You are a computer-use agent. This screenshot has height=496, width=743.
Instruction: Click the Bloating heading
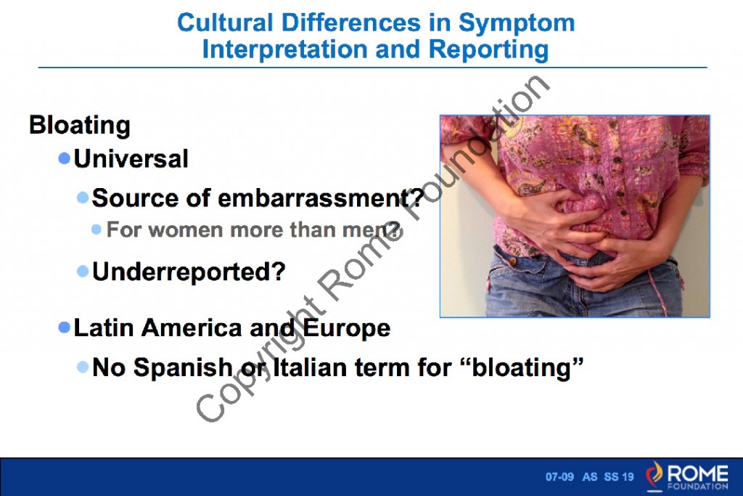pos(79,125)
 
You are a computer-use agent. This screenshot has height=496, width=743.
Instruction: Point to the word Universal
pos(131,158)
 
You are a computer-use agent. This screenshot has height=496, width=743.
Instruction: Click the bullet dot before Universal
pos(65,158)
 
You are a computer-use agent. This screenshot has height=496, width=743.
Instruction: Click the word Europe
pos(346,328)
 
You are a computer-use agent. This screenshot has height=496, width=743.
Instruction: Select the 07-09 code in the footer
pos(559,477)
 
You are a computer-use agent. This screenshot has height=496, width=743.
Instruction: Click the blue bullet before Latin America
pos(65,327)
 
